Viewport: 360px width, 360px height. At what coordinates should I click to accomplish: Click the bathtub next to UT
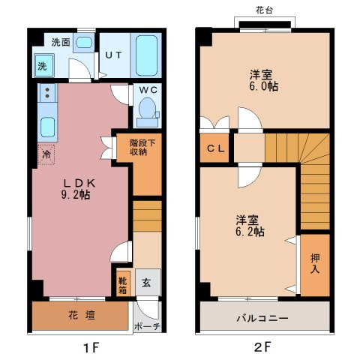pos(147,55)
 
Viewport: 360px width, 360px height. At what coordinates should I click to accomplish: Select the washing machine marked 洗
pos(44,65)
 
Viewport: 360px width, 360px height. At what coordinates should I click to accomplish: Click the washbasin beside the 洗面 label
pos(83,43)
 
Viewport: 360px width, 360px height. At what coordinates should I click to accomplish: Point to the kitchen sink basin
pos(47,127)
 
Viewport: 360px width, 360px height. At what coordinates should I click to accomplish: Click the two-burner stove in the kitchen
pos(47,92)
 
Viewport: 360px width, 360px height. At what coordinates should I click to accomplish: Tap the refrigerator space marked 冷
pos(46,154)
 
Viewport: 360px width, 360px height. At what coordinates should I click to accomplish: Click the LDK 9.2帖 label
pos(77,189)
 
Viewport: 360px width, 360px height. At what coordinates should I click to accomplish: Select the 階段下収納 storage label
pos(142,148)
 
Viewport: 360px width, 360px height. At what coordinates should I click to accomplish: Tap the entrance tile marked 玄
pos(146,283)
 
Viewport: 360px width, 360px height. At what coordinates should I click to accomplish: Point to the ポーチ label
pos(147,326)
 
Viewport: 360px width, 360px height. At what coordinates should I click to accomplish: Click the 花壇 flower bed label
pos(82,315)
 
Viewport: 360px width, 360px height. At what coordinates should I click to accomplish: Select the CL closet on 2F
pos(214,148)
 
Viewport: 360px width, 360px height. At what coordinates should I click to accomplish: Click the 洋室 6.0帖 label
pos(263,80)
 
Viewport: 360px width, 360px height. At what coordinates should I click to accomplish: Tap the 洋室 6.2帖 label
pos(250,226)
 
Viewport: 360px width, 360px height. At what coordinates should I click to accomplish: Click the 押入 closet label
pos(315,263)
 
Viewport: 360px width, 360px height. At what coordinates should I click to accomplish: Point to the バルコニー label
pos(262,318)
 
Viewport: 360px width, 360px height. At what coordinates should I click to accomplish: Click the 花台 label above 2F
pos(264,10)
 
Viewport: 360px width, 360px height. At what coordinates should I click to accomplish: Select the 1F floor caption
pos(91,347)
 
